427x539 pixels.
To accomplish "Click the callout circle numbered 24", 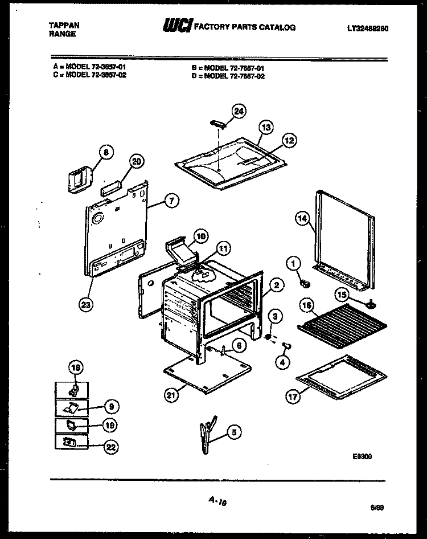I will click(x=239, y=112).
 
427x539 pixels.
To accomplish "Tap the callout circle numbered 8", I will click(x=104, y=152).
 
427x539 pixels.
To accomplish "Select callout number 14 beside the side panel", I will click(x=302, y=217).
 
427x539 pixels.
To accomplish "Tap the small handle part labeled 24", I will click(x=219, y=124).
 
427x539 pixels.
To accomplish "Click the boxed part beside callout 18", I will click(x=72, y=390).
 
